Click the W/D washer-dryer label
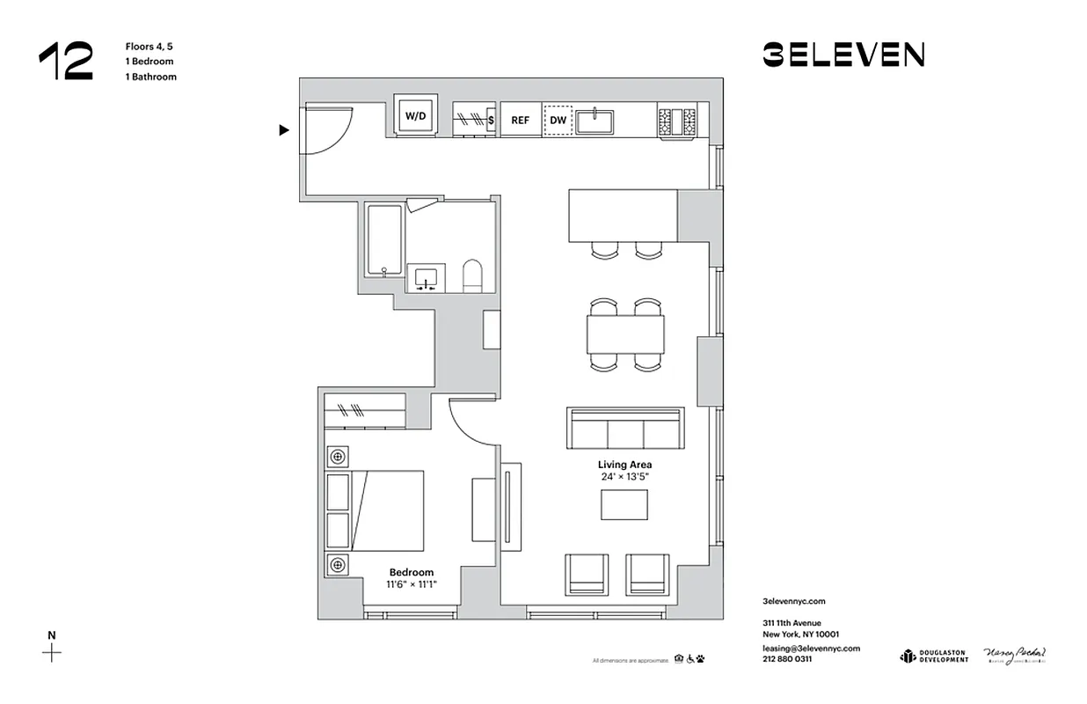414,116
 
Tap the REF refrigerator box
521,120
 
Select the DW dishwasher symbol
558,120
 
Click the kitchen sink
596,120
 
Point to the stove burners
677,120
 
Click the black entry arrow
283,130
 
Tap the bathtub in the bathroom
384,240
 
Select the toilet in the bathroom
473,275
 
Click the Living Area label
624,465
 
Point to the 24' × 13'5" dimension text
624,477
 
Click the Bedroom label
411,572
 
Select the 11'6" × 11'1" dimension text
411,584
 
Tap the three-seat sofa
625,430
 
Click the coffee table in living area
624,504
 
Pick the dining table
625,334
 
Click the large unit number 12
65,62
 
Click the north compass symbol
53,652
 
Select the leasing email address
811,648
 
